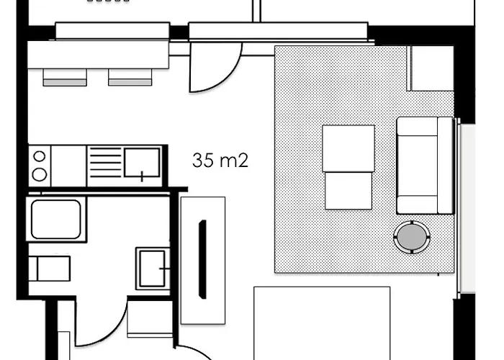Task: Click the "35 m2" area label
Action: [220, 160]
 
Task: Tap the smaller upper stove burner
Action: [40, 156]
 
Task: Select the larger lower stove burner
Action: [40, 174]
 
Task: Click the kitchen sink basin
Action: [142, 162]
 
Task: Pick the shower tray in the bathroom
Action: [56, 220]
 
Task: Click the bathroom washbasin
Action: [153, 269]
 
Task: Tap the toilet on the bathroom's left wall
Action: [50, 269]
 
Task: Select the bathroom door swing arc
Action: [108, 334]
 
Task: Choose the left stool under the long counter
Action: [65, 78]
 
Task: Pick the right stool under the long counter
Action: [130, 78]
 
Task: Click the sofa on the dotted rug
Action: [425, 166]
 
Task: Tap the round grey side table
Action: [412, 237]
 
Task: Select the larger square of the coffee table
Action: [348, 148]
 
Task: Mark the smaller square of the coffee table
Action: [348, 191]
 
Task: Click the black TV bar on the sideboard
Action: [202, 259]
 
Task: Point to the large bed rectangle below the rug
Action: [322, 323]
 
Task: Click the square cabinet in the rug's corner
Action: [431, 68]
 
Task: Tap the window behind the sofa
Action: [465, 208]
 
